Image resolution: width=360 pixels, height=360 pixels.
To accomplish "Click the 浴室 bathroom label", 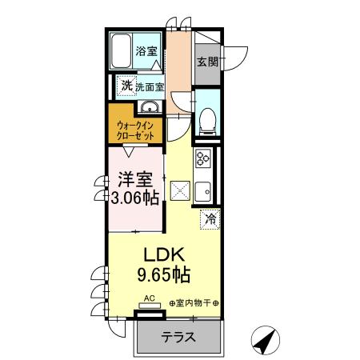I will tap(146, 52).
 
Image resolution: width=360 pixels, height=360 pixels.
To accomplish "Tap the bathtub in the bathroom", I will tap(121, 53).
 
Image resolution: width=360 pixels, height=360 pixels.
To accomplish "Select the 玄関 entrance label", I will tap(207, 60).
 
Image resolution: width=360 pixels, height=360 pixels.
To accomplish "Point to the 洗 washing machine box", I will tap(126, 85).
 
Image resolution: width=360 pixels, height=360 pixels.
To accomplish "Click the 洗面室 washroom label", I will tap(149, 86).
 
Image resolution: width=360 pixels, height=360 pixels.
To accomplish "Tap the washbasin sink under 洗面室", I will tap(148, 108).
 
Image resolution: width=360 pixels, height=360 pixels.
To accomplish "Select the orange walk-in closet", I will tap(135, 129).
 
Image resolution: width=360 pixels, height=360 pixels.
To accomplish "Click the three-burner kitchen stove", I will tap(202, 158).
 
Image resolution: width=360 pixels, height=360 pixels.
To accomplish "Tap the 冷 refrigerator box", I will tap(211, 217).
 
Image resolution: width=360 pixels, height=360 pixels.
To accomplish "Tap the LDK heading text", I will tap(164, 254).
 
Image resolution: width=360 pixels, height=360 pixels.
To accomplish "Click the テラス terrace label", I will tap(178, 337).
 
